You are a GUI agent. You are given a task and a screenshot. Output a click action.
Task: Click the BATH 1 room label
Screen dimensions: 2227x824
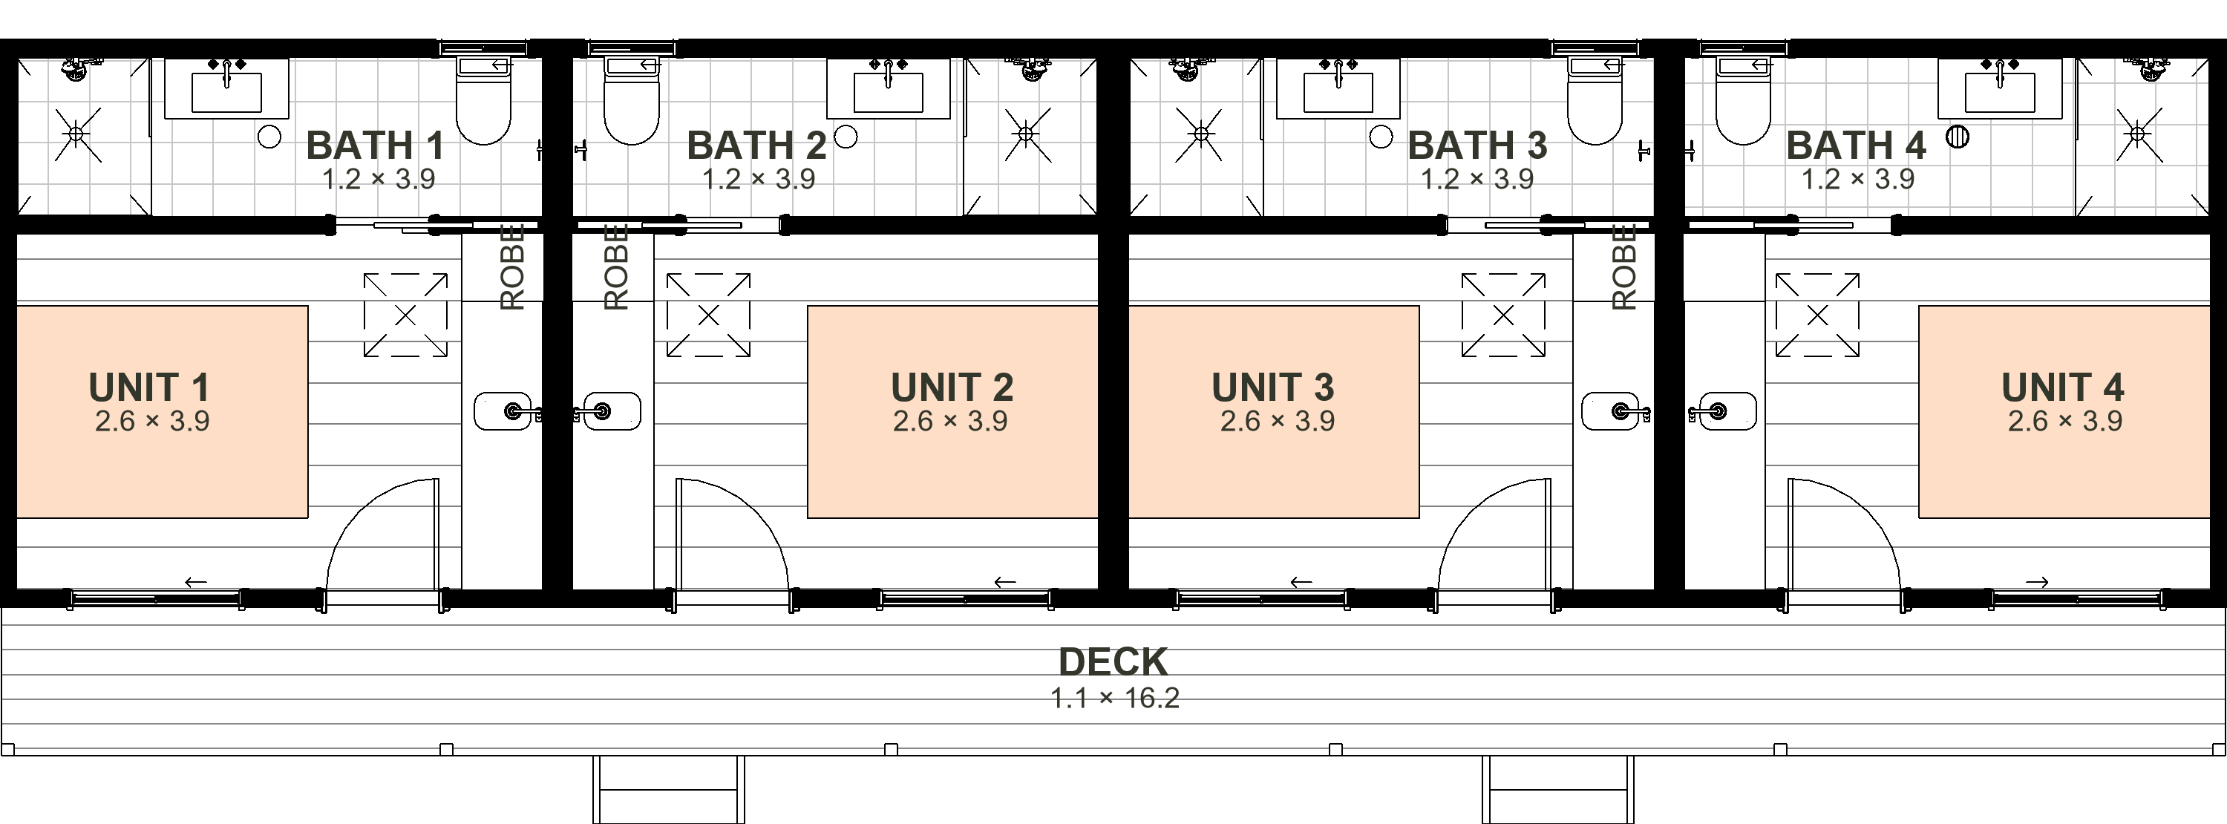tap(375, 145)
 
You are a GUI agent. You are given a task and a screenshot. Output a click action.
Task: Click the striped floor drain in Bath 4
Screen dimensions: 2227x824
tap(1958, 137)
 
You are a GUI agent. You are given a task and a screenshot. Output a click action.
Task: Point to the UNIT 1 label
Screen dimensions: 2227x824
tap(148, 388)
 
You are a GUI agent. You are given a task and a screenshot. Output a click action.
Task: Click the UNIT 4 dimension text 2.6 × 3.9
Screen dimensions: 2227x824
tap(2064, 421)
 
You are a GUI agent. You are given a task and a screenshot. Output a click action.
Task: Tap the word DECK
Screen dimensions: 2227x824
tap(1113, 662)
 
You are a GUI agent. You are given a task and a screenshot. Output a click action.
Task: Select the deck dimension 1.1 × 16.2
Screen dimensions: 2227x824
tap(1114, 698)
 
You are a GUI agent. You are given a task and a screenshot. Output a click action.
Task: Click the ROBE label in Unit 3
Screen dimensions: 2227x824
tap(1624, 267)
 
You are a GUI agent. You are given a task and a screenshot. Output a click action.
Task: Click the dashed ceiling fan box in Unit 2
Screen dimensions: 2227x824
tap(708, 315)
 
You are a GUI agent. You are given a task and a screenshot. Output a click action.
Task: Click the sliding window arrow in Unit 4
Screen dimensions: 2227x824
tap(2037, 582)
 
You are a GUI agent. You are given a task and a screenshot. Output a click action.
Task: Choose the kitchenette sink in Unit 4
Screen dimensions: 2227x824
tap(1723, 411)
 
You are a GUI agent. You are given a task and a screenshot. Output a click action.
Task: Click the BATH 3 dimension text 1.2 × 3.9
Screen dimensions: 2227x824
tap(1477, 179)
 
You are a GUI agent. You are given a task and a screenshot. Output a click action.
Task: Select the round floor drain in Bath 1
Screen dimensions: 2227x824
tap(269, 137)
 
